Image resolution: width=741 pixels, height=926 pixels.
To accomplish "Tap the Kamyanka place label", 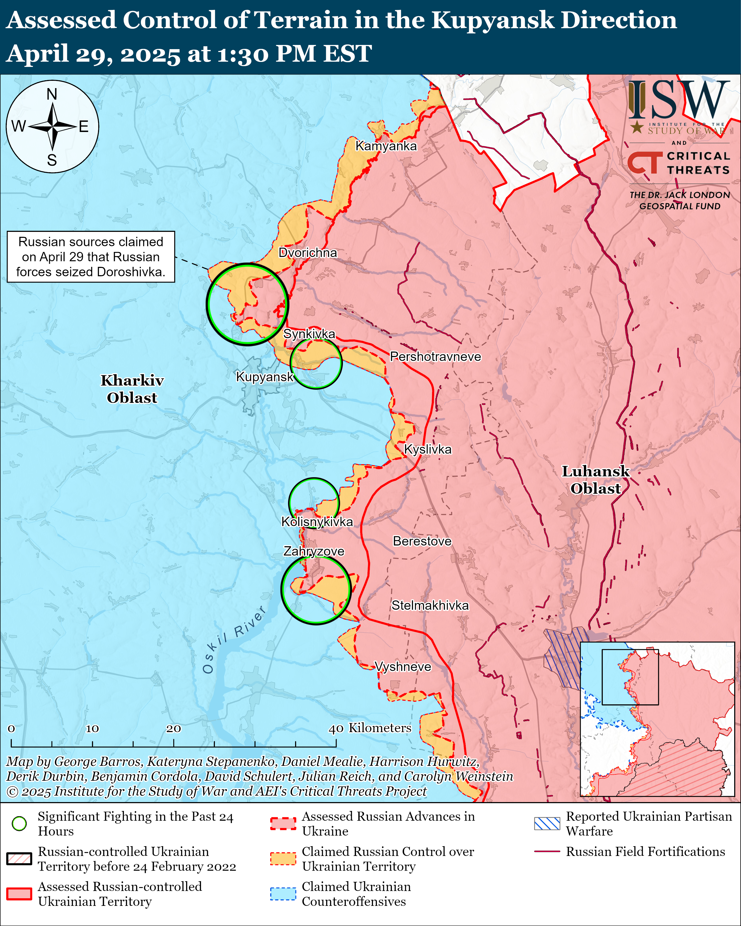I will pyautogui.click(x=386, y=146).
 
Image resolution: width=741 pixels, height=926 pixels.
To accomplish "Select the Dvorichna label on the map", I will pyautogui.click(x=308, y=252).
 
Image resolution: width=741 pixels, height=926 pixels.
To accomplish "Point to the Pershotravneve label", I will pyautogui.click(x=435, y=356).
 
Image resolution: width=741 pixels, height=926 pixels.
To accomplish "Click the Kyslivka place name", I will pyautogui.click(x=427, y=449).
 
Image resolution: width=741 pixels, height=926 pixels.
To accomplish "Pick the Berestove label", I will pyautogui.click(x=422, y=541).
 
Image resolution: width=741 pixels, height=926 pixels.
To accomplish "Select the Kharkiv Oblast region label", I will pyautogui.click(x=132, y=389).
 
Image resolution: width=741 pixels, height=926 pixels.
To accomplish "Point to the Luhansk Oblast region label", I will pyautogui.click(x=595, y=480).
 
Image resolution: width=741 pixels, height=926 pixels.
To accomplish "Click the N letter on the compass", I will pyautogui.click(x=52, y=94).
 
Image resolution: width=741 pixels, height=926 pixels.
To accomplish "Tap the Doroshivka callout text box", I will pyautogui.click(x=91, y=257).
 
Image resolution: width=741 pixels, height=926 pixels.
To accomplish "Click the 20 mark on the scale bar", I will pyautogui.click(x=174, y=729).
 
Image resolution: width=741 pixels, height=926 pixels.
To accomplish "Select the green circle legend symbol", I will pyautogui.click(x=19, y=823).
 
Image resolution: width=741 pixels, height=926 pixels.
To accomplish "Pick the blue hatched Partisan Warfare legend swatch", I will pyautogui.click(x=547, y=823).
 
